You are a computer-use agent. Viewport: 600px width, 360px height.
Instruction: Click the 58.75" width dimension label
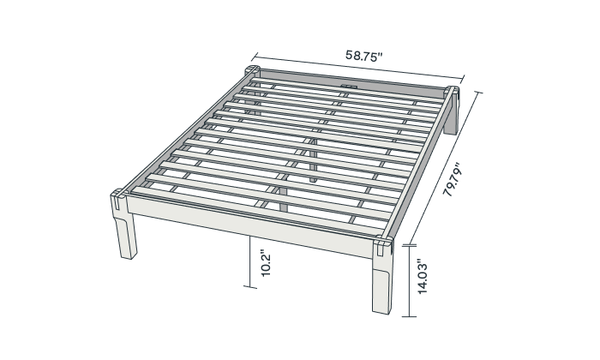[364, 56]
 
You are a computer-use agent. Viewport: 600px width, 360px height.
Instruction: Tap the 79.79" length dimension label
[453, 179]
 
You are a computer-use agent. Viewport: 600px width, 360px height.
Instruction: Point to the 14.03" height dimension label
[422, 279]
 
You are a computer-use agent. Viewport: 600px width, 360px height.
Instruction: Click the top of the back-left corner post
[252, 69]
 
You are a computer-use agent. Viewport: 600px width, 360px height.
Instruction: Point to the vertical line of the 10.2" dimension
[250, 261]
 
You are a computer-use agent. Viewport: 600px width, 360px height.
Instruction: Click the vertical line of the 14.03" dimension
[410, 281]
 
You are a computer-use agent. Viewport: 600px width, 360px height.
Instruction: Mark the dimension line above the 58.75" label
[357, 68]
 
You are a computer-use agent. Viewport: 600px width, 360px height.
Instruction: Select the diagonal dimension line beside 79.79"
[443, 168]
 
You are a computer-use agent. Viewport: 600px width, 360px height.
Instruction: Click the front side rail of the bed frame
[249, 225]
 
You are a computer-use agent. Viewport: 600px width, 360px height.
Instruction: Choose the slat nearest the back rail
[347, 89]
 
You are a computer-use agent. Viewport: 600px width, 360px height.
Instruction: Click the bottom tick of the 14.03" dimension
[410, 316]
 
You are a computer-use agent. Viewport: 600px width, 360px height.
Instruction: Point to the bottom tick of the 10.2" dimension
[250, 286]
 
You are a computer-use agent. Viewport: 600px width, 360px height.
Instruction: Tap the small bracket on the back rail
[348, 87]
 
